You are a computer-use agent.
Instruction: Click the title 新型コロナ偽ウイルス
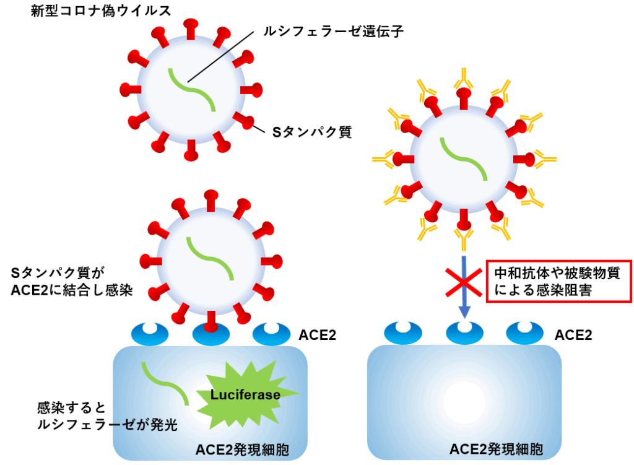[x=100, y=11]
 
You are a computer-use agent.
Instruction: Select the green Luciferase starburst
[x=245, y=394]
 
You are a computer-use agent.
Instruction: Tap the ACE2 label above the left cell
[x=317, y=335]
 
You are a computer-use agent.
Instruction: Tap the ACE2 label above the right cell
[x=573, y=335]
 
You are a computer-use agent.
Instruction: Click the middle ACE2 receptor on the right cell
[x=464, y=333]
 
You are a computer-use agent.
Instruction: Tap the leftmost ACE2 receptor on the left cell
[x=150, y=333]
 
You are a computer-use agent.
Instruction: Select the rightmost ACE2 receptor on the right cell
[x=525, y=333]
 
